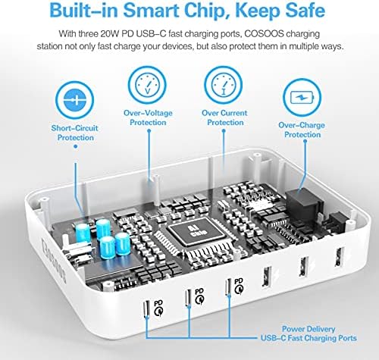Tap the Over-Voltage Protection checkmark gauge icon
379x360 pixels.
pyautogui.click(x=144, y=83)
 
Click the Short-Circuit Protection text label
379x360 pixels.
pyautogui.click(x=73, y=133)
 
